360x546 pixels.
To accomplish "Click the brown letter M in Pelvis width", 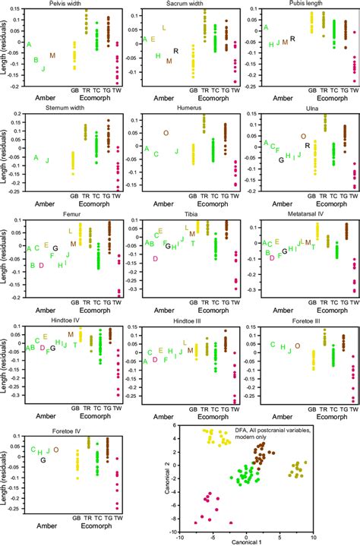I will [x=52, y=55].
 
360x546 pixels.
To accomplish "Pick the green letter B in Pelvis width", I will [x=25, y=59].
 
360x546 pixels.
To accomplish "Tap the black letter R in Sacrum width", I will [x=176, y=51].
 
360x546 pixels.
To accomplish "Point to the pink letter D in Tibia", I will [x=155, y=259].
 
